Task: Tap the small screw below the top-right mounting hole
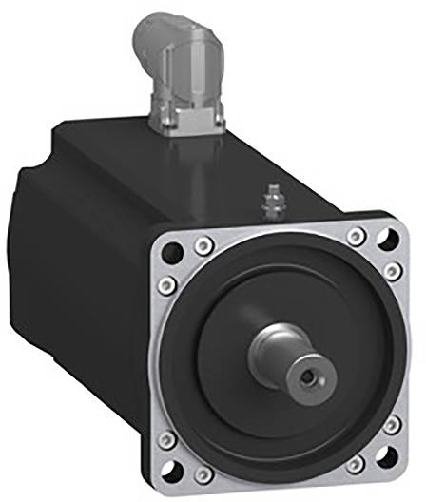tap(391, 274)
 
